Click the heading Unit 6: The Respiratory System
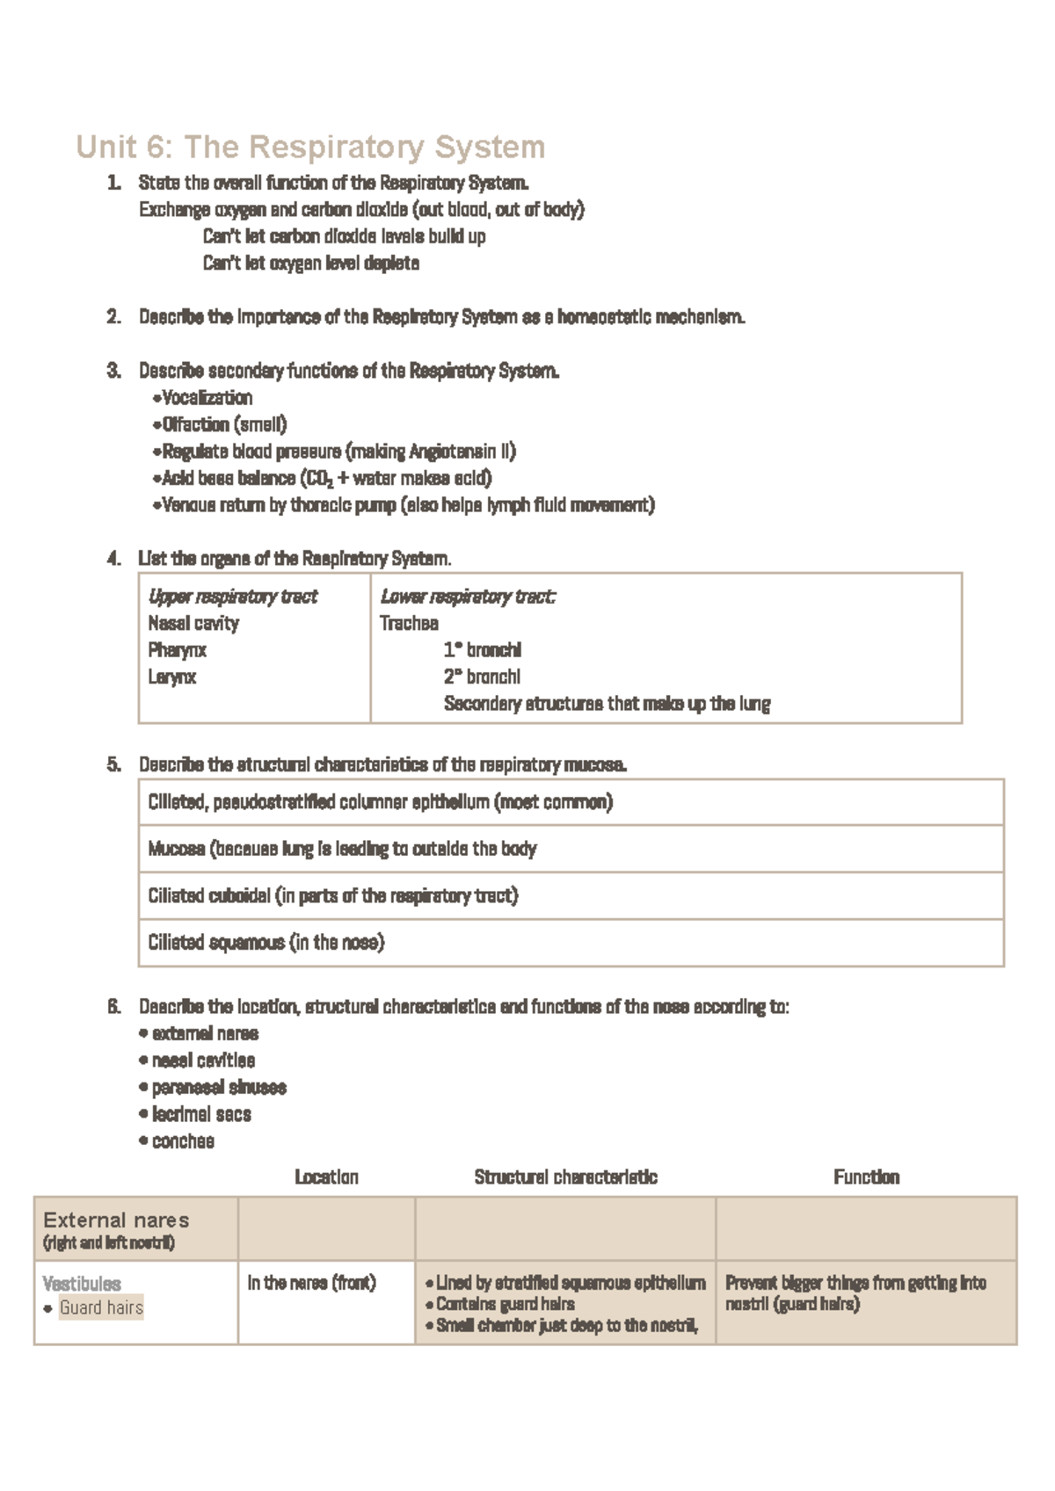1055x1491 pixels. click(310, 147)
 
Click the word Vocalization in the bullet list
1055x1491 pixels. click(207, 398)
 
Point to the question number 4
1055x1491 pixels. click(113, 559)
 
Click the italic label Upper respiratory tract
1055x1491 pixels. click(232, 597)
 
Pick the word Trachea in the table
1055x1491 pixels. click(409, 624)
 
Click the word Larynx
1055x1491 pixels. click(172, 677)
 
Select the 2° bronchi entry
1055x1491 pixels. click(482, 677)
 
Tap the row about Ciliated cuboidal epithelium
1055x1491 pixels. click(333, 896)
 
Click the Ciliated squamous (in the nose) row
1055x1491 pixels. click(266, 943)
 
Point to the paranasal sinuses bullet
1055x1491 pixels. click(219, 1088)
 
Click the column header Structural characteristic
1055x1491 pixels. click(565, 1177)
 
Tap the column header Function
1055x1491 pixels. click(866, 1177)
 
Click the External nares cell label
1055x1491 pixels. click(116, 1220)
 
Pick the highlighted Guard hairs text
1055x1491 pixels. click(101, 1308)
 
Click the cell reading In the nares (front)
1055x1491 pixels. click(311, 1284)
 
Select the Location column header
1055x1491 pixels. click(326, 1177)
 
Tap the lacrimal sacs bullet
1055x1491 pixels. click(201, 1115)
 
